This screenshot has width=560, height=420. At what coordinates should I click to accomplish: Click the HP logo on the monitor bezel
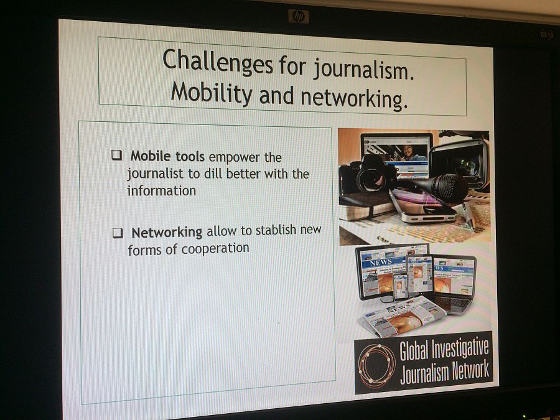[299, 16]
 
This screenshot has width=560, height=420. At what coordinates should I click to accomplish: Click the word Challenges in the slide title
[218, 62]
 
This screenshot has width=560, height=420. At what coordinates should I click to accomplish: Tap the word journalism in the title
[363, 68]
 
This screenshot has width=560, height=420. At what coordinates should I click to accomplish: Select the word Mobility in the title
[212, 93]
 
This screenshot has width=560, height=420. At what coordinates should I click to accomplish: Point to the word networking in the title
[354, 98]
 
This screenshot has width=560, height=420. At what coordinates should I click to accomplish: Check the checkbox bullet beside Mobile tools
[117, 155]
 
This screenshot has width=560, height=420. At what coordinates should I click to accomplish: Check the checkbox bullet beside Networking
[118, 233]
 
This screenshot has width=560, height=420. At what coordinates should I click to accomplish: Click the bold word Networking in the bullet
[167, 233]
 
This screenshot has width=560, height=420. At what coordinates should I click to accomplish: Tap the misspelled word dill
[213, 174]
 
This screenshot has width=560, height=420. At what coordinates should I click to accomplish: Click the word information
[161, 191]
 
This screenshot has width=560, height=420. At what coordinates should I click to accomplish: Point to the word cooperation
[215, 248]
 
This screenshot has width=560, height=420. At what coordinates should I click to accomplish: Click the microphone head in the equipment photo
[449, 188]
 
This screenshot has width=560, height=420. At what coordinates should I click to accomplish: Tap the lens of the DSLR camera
[371, 179]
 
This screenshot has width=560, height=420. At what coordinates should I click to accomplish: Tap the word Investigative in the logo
[460, 349]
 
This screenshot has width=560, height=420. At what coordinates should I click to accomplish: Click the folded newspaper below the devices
[404, 317]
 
